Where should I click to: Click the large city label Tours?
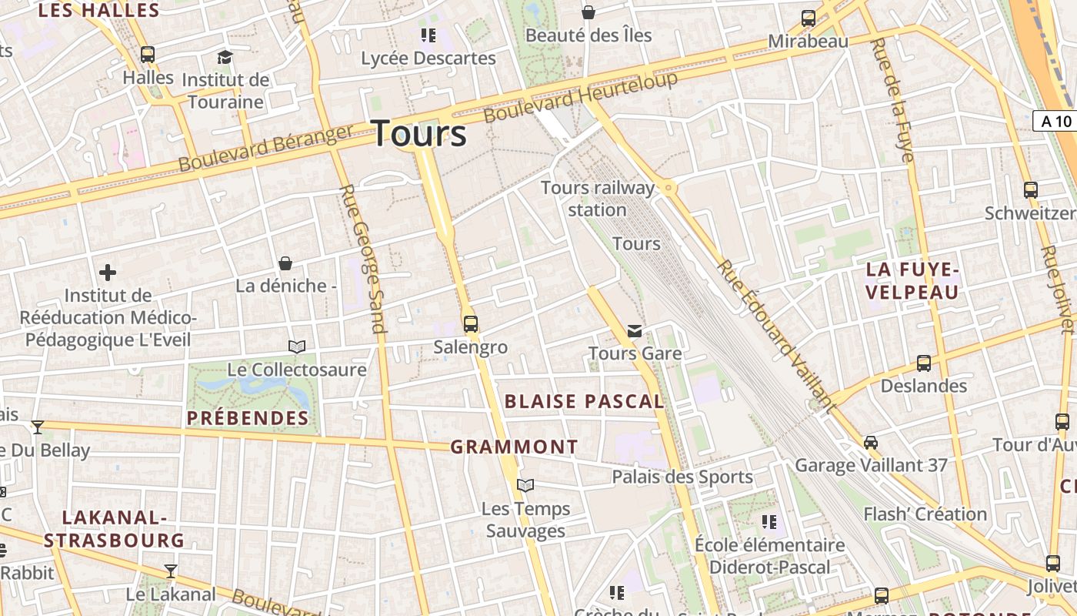(419, 133)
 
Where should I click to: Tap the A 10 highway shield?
(1055, 121)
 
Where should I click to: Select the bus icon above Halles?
(147, 55)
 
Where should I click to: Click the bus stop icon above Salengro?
(470, 324)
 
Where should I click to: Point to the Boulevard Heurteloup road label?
(581, 97)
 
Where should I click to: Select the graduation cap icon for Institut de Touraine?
(225, 57)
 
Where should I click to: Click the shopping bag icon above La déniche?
(285, 263)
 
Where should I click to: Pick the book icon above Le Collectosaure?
(296, 347)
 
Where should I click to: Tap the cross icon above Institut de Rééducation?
(108, 273)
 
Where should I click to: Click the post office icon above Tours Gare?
(635, 331)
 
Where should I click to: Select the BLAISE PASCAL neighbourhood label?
(584, 401)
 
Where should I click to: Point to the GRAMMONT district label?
(514, 447)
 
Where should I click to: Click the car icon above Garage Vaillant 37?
(870, 443)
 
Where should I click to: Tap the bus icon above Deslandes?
(923, 363)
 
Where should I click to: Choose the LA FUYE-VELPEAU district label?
(912, 281)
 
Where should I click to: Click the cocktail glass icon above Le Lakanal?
(171, 571)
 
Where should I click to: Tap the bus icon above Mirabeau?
(808, 18)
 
